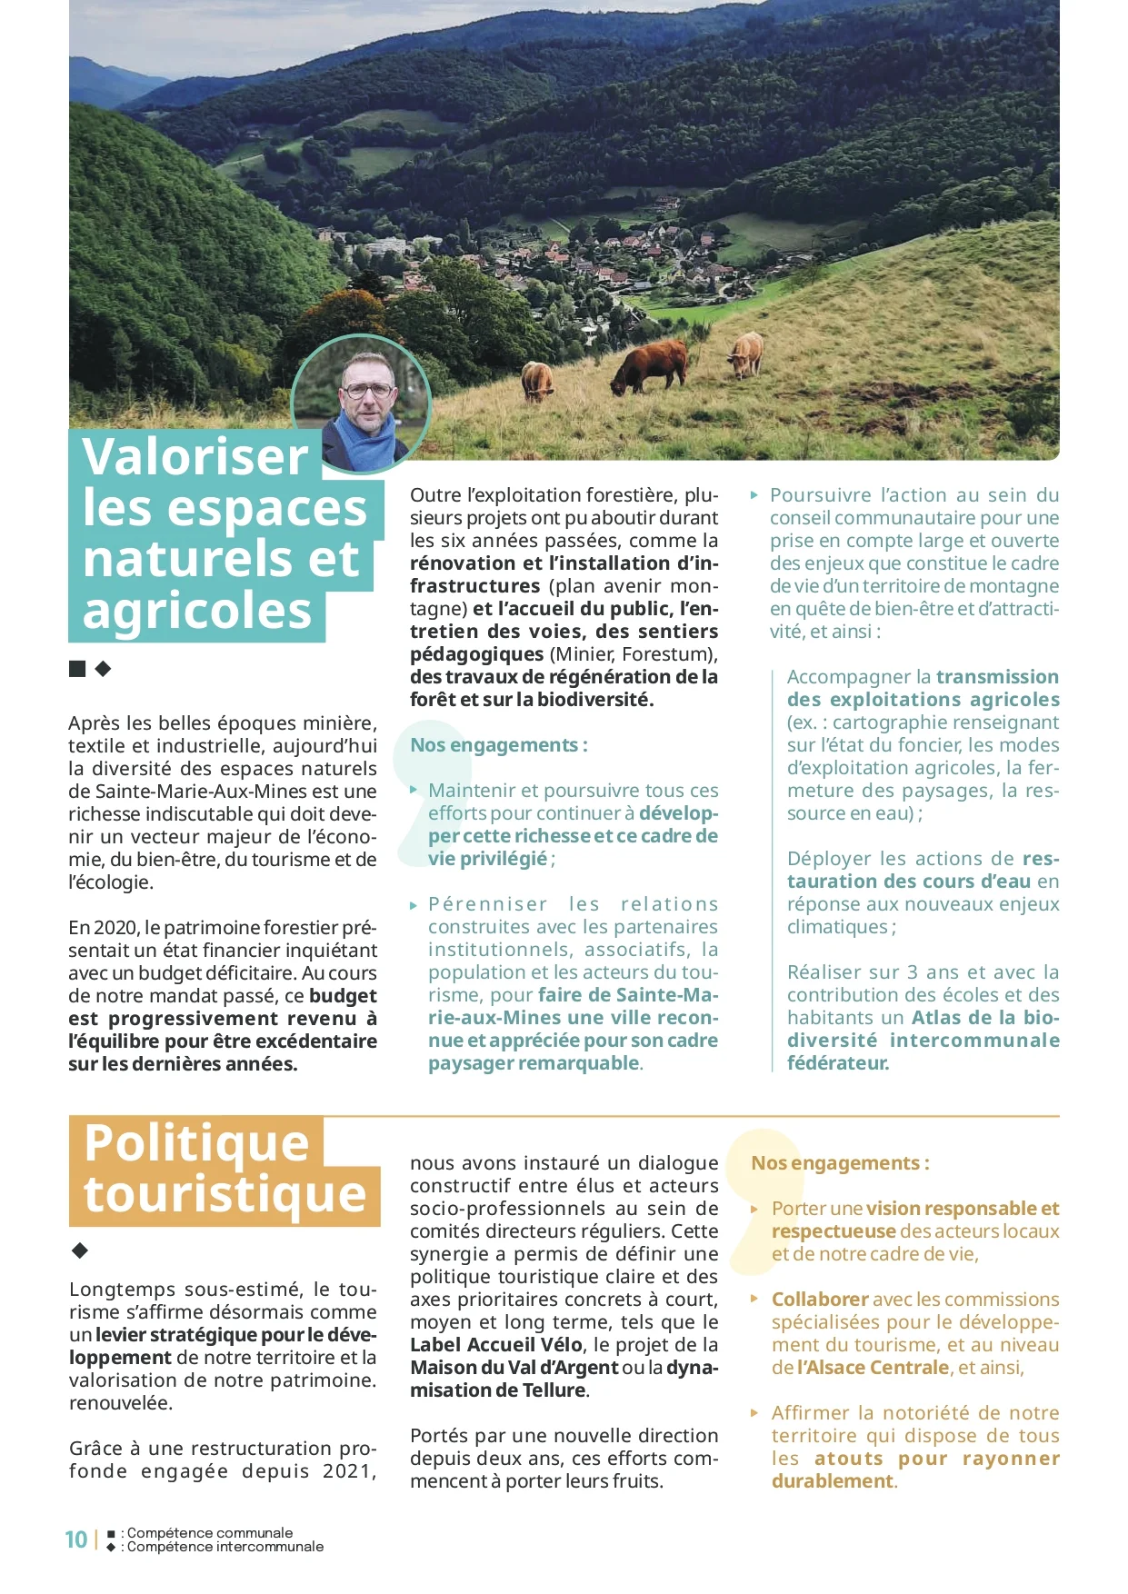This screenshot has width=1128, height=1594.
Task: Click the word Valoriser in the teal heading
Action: click(195, 456)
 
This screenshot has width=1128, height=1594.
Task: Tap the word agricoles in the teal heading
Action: click(197, 611)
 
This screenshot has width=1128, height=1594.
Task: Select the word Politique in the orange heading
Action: click(196, 1142)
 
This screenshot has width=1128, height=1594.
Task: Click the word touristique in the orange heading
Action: click(225, 1193)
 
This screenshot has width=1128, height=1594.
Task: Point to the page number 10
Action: click(76, 1539)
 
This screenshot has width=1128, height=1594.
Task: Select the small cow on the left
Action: click(537, 380)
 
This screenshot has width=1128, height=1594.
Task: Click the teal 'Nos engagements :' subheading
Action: click(498, 745)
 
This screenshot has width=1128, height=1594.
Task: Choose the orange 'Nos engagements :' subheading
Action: click(840, 1163)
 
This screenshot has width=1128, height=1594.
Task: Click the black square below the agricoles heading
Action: click(77, 670)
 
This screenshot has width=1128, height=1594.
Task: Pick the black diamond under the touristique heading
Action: click(80, 1250)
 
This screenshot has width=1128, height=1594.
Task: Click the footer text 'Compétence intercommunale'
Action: click(225, 1547)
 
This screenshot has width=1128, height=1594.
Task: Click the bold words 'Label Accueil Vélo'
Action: click(495, 1345)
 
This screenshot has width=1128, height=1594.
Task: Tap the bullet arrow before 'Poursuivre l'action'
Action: click(754, 495)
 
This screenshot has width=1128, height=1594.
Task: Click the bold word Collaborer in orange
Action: click(819, 1300)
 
